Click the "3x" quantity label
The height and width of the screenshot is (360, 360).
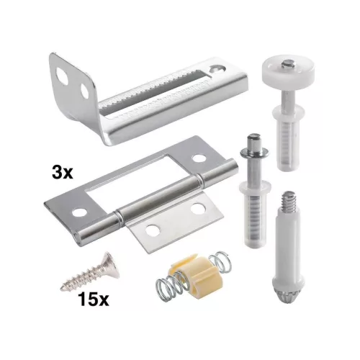click(62, 173)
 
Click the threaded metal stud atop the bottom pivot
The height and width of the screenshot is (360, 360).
click(289, 202)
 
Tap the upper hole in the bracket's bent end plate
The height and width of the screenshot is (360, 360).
click(61, 74)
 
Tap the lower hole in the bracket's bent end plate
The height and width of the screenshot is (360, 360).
click(85, 91)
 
